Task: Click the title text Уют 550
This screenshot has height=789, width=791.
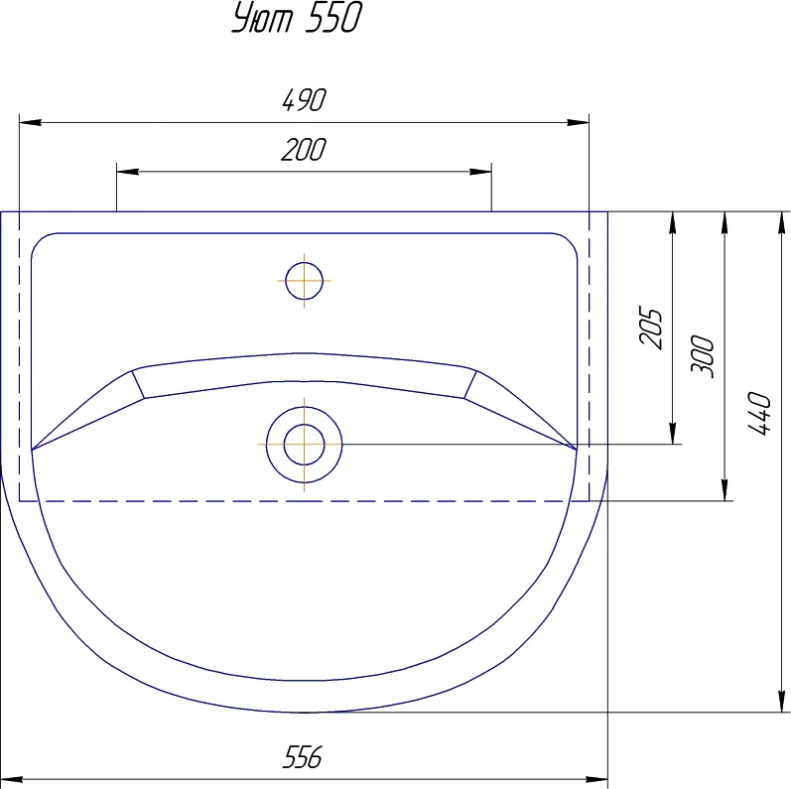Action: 297,18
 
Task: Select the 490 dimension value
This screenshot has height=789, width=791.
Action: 304,100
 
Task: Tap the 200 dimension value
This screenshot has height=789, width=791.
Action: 304,150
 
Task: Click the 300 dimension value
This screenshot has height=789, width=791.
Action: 703,356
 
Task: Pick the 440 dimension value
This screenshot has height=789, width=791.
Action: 758,413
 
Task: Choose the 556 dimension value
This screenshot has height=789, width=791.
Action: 302,757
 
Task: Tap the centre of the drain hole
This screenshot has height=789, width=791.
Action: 304,445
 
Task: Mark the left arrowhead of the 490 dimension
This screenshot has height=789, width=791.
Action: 30,122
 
